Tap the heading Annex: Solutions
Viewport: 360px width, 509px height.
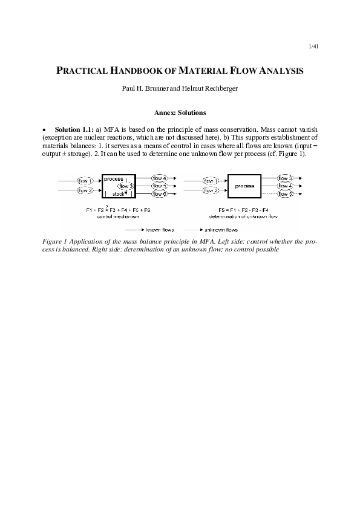[180, 112]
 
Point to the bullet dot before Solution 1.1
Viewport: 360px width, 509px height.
[44, 130]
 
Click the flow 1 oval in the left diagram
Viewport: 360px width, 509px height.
[85, 180]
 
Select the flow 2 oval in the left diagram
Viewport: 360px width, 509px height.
[85, 190]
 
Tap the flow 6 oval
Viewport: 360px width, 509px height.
[160, 195]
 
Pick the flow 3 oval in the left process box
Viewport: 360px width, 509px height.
[125, 186]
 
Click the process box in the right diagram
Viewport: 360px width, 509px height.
[244, 186]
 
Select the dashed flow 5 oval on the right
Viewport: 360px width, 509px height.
[285, 195]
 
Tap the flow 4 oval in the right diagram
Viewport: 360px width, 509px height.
[285, 186]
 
